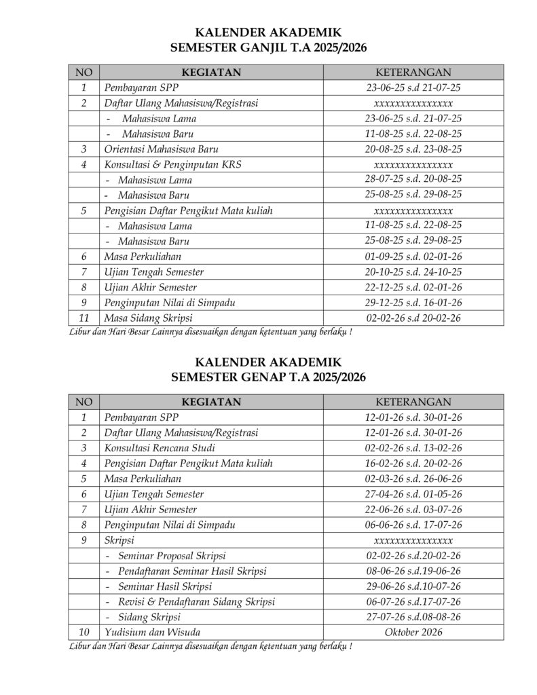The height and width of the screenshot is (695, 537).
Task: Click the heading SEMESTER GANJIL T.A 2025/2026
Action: tap(268, 46)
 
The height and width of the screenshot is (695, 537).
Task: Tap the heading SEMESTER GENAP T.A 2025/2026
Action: tap(268, 377)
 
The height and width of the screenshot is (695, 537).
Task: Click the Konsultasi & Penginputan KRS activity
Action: tap(172, 164)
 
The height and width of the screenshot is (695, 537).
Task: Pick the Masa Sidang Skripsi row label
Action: tap(148, 318)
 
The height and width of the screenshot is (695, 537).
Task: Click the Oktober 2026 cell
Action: tap(413, 633)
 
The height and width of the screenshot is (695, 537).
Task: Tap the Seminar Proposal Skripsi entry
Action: tap(172, 555)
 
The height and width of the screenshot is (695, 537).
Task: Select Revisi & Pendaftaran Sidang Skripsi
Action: tap(196, 601)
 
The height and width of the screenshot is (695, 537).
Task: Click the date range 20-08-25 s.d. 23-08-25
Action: tap(413, 149)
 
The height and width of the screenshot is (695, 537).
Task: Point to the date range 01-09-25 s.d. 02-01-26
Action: tap(413, 257)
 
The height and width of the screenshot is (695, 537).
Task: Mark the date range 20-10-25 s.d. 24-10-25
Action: tap(413, 271)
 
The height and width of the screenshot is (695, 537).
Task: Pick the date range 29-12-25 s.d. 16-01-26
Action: tap(413, 302)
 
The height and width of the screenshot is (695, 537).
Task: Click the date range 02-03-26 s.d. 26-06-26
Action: tap(413, 478)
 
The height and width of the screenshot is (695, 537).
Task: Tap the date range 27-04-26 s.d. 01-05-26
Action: tap(413, 494)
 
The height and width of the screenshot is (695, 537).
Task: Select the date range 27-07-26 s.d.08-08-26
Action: tap(413, 617)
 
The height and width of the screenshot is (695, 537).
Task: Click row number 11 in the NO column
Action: tap(84, 318)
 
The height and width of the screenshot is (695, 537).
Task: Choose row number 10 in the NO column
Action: tap(84, 633)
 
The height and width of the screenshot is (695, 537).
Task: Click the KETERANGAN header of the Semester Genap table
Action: tap(413, 402)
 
